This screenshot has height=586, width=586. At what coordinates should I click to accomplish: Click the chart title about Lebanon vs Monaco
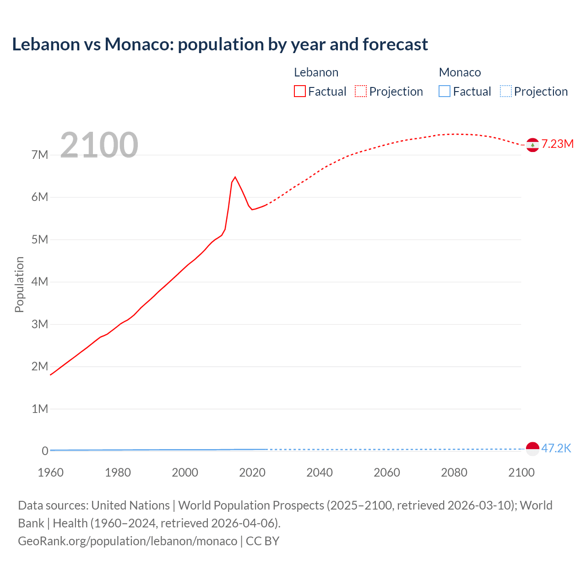[220, 44]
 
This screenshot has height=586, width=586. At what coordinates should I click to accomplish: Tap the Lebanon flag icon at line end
[532, 145]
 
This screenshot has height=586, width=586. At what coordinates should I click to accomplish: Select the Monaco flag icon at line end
[532, 449]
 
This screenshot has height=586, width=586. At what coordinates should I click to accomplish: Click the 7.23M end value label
[557, 144]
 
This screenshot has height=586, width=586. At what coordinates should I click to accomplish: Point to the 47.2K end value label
[556, 448]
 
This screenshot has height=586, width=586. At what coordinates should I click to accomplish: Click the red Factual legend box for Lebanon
[300, 92]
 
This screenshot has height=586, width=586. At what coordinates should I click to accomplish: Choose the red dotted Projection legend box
[361, 92]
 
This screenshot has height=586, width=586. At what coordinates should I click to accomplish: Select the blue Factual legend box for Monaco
[445, 92]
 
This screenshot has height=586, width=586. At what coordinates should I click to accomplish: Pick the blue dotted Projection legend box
[506, 92]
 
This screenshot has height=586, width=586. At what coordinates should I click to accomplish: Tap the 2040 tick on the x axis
[320, 472]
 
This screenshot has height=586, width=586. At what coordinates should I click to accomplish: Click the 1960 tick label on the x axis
[50, 472]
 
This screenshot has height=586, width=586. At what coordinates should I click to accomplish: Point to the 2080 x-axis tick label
[454, 472]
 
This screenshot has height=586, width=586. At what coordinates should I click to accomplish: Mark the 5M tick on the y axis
[39, 239]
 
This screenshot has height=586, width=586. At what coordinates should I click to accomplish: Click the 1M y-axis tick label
[39, 409]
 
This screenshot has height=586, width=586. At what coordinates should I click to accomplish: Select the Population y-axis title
[19, 284]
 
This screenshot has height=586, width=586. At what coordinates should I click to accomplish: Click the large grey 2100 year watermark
[99, 145]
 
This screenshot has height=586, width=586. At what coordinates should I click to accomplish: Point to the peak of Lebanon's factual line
[235, 177]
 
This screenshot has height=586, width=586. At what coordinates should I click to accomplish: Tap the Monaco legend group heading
[460, 72]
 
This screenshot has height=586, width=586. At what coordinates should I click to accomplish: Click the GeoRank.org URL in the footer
[127, 541]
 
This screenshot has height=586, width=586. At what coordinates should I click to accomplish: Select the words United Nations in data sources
[130, 505]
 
